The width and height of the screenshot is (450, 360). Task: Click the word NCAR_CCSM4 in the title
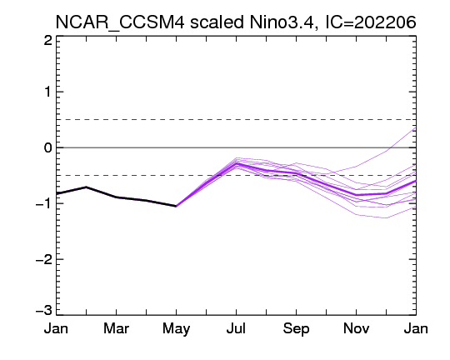tap(120, 22)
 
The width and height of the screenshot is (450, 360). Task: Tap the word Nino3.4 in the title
tap(283, 22)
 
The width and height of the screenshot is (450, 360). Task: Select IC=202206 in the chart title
tap(371, 22)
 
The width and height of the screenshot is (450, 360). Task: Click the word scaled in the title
tap(217, 22)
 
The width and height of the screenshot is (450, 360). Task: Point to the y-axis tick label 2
tap(48, 41)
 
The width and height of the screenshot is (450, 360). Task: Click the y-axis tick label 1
tap(48, 92)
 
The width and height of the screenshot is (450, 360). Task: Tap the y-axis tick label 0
tap(48, 147)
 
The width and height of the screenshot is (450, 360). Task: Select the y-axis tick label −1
tap(44, 203)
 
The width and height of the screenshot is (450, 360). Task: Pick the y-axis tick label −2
tap(44, 259)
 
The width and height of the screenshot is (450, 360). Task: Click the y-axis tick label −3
tap(44, 310)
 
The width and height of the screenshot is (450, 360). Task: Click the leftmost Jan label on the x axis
tap(56, 328)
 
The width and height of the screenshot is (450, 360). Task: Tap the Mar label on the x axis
tap(116, 328)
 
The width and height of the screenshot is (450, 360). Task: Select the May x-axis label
tap(176, 329)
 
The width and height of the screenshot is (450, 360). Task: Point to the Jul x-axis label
tap(236, 328)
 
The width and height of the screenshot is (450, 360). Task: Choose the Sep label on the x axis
tap(296, 329)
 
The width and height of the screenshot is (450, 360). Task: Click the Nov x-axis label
tap(356, 328)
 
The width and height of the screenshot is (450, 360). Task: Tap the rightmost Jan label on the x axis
tap(416, 328)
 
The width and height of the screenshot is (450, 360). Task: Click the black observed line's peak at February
tap(86, 187)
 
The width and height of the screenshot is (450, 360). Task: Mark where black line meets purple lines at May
tap(176, 206)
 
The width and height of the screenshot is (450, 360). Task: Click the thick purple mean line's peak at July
tap(236, 163)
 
